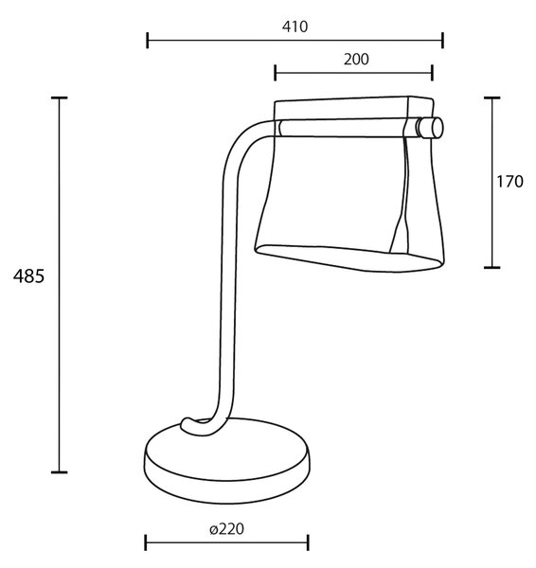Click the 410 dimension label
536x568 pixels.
pyautogui.click(x=295, y=27)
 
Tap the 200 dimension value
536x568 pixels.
pyautogui.click(x=356, y=60)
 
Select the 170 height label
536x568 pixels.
pyautogui.click(x=509, y=182)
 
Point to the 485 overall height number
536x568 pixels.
pyautogui.click(x=28, y=276)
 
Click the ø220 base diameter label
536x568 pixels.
pyautogui.click(x=227, y=529)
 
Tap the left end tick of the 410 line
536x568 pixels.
pyautogui.click(x=147, y=40)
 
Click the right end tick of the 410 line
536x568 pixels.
pyautogui.click(x=443, y=40)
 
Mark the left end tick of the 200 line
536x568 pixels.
pyautogui.click(x=276, y=73)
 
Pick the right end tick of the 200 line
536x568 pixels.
pyautogui.click(x=433, y=73)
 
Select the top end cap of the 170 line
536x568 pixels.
pyautogui.click(x=492, y=98)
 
